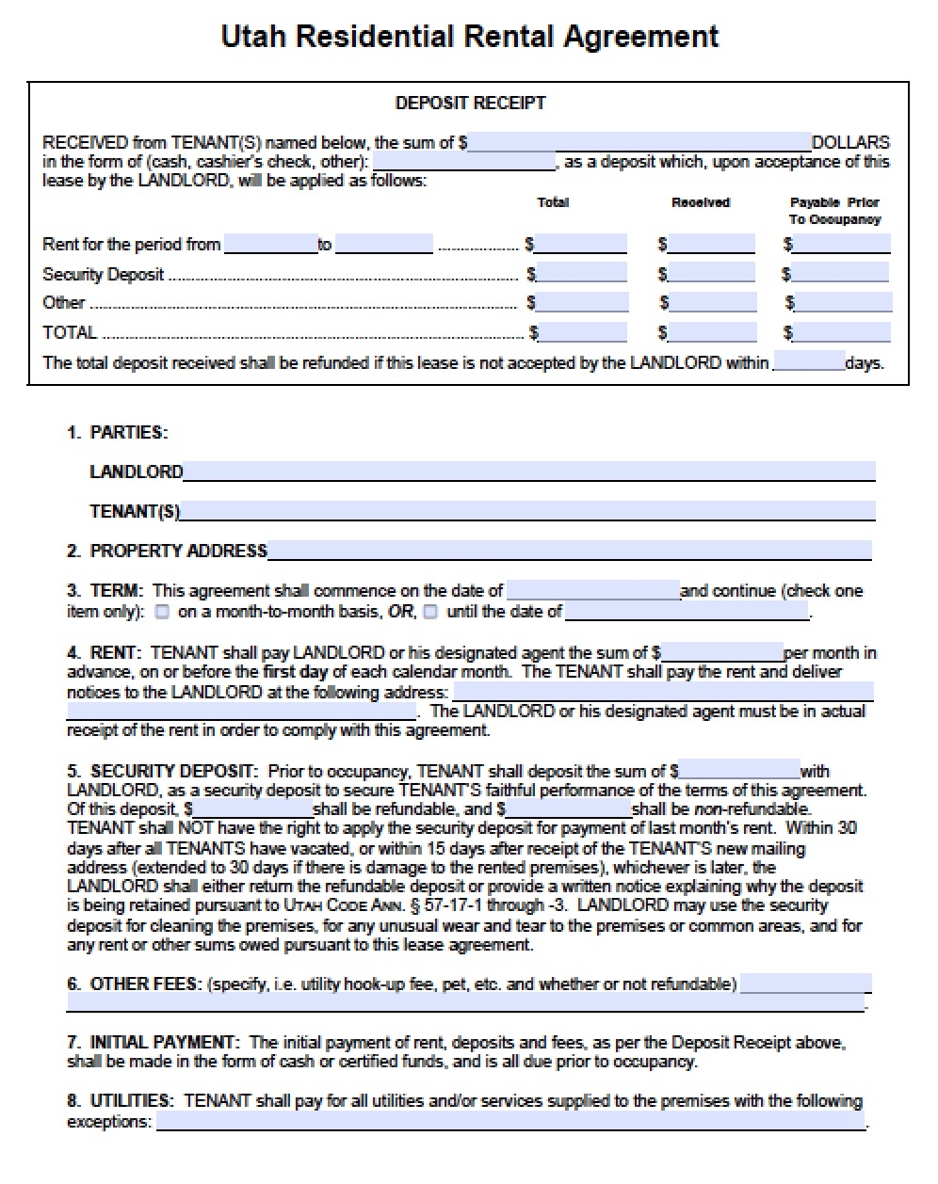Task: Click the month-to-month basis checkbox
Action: click(163, 612)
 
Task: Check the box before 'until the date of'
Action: click(430, 612)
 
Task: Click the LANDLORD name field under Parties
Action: click(529, 472)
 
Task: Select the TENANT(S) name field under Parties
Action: click(527, 511)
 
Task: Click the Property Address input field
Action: click(569, 551)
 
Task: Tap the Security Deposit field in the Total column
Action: click(581, 274)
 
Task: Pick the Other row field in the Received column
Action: click(712, 303)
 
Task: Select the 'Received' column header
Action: click(700, 202)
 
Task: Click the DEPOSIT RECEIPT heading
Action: click(470, 103)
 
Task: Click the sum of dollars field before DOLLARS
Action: click(639, 143)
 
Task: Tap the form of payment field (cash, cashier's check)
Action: click(464, 162)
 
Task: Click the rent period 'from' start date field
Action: click(270, 245)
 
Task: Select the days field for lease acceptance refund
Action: click(808, 362)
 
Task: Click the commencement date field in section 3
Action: click(592, 591)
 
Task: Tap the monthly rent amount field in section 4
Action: click(721, 652)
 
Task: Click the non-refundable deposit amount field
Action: click(569, 808)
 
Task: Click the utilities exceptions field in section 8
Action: click(509, 1122)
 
